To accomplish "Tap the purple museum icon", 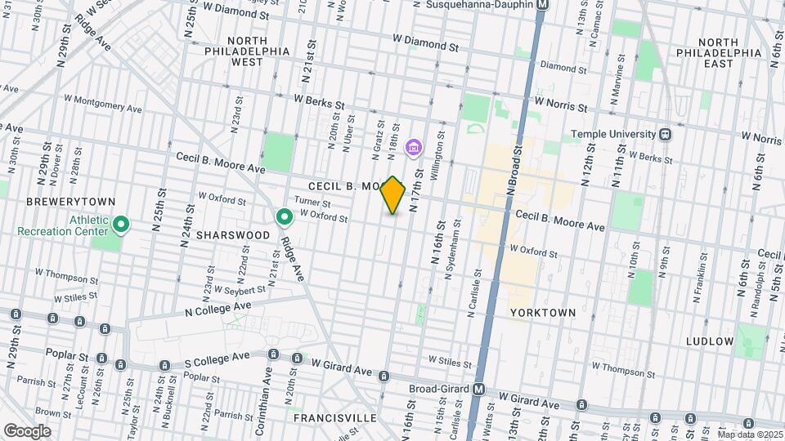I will point(414,147).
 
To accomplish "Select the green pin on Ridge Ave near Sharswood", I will point(285,216).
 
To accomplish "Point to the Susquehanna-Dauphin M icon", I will point(542,4).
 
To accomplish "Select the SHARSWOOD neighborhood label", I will point(233,234).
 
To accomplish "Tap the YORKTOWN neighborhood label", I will point(543,313).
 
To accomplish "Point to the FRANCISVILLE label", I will point(335,418).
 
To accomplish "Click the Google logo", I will point(26,430).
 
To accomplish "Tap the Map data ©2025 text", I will point(750,434).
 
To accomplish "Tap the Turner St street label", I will point(312,203).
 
